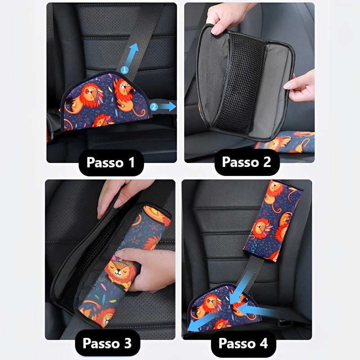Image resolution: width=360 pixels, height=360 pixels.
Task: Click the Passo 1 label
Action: tap(111, 162)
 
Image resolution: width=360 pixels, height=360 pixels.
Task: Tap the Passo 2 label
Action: tap(247, 162)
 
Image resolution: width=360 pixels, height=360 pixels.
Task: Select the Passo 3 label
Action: tap(108, 343)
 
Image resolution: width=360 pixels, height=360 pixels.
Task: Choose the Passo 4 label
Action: tap(243, 343)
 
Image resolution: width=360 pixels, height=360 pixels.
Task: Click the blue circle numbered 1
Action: tap(125, 70)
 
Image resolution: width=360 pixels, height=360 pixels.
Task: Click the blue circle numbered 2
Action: tap(154, 107)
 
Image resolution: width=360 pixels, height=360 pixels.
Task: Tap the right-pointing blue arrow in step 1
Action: tap(167, 107)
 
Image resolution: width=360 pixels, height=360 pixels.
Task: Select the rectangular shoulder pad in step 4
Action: tap(273, 221)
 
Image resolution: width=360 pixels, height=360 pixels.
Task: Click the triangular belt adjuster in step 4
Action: tap(224, 308)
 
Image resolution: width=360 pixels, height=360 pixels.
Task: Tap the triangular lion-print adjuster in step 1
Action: tap(104, 101)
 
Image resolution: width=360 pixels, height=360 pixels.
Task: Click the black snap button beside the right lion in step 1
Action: tap(133, 92)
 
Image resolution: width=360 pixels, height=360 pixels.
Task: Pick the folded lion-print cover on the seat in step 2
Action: tap(285, 142)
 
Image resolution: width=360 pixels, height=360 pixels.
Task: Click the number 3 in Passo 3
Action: tap(128, 343)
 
